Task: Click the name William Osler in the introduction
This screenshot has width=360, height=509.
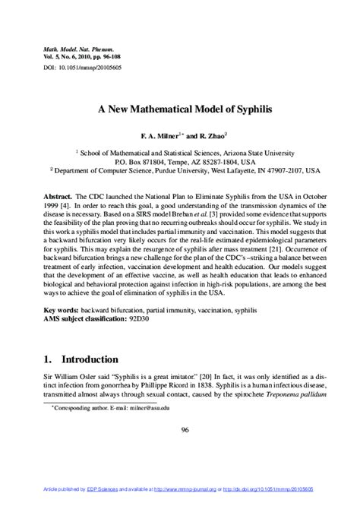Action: pyautogui.click(x=74, y=375)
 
